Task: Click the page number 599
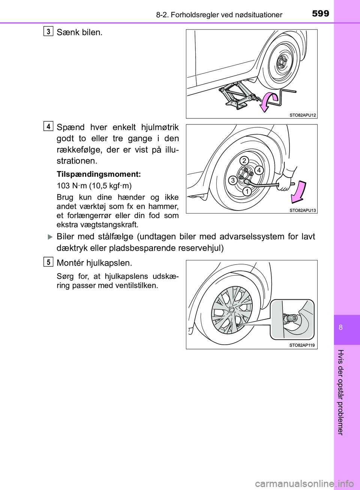(320, 14)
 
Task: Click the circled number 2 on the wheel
(244, 161)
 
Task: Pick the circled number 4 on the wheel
(258, 170)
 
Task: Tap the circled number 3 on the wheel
(232, 181)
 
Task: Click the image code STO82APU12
(303, 115)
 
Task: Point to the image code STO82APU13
(303, 210)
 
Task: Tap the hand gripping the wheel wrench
(287, 183)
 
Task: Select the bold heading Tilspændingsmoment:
(99, 174)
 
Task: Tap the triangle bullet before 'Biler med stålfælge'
(50, 237)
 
